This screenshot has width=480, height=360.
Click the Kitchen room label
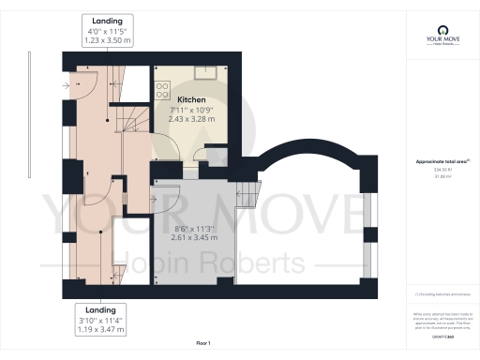[x=192, y=98]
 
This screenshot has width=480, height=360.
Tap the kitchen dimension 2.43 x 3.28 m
[x=192, y=119]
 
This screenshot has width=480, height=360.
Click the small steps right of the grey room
[x=247, y=194]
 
